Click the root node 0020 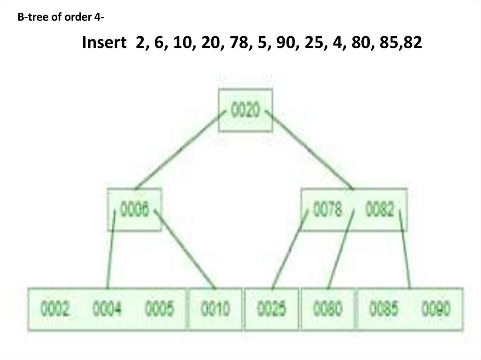click(x=245, y=111)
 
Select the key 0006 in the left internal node click(x=135, y=210)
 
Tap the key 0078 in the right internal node click(x=327, y=210)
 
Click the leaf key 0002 click(x=55, y=309)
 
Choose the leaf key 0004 click(x=107, y=309)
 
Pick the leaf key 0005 click(x=159, y=309)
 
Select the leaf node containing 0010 click(x=216, y=309)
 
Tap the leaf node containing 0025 click(x=272, y=309)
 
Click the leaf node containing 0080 click(x=328, y=309)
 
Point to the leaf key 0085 click(x=384, y=309)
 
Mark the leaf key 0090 click(x=436, y=309)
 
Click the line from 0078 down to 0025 click(x=290, y=249)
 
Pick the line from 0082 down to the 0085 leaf click(x=405, y=249)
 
